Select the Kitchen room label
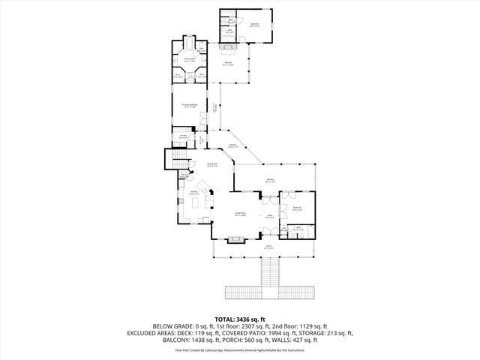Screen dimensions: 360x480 [x=193, y=193]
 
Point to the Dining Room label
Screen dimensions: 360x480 [x=212, y=164]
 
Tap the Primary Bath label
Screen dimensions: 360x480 [x=190, y=59]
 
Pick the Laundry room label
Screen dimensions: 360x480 [x=183, y=136]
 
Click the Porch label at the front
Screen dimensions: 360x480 [x=268, y=246]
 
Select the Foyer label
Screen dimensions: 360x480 [x=268, y=215]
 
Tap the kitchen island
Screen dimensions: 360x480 [x=203, y=187]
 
